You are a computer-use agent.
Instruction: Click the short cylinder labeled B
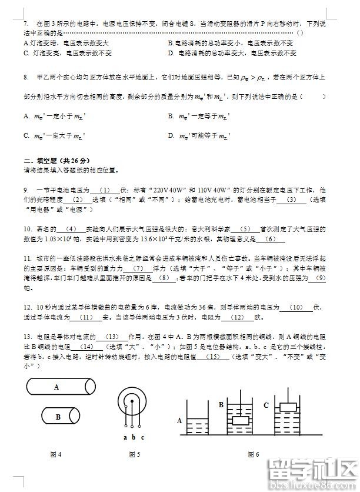[x=59, y=416]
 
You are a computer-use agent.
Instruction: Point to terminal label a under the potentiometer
[x=125, y=437]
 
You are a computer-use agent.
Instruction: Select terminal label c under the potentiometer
[x=142, y=437]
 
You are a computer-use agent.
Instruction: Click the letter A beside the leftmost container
[x=179, y=421]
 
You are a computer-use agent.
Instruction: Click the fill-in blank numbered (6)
[x=271, y=238]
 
